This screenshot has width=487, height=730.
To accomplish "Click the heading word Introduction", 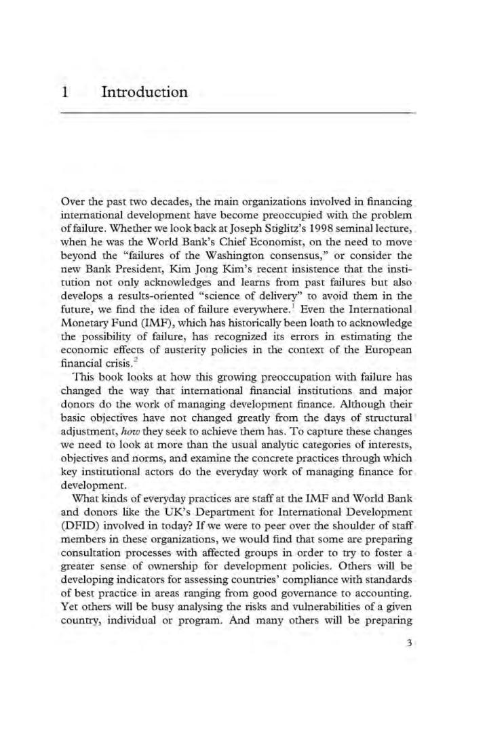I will point(144,91).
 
